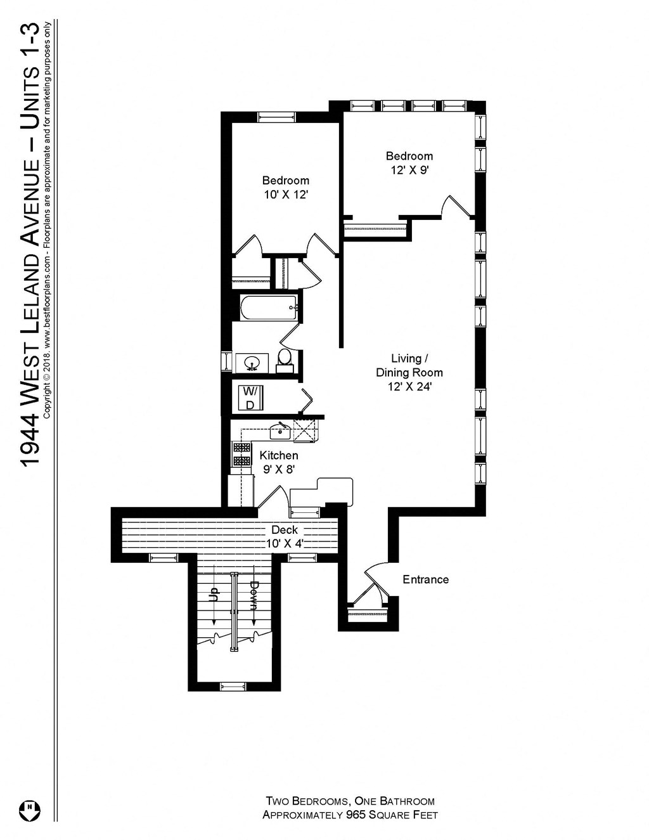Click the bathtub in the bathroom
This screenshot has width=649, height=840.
pos(269,307)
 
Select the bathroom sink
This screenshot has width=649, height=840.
pos(252,363)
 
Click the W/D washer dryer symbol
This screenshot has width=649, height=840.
pos(251,397)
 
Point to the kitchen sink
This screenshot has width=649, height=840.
pos(280,432)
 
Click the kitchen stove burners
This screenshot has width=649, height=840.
pos(241,454)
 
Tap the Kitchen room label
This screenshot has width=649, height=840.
pos(279,455)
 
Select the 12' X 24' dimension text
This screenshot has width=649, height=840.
pos(409,387)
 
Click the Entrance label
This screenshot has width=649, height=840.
pos(425,579)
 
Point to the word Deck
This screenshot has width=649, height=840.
pos(285,529)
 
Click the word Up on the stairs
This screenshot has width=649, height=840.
pos(214,594)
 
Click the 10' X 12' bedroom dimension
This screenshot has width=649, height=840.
pos(286,195)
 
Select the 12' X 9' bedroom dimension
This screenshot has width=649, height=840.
pos(409,170)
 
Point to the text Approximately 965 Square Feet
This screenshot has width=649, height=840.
pos(350,815)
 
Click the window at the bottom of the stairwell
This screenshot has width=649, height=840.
pos(233,686)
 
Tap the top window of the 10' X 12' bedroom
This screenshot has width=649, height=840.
pos(276,117)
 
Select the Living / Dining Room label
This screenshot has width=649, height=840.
pos(409,366)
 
